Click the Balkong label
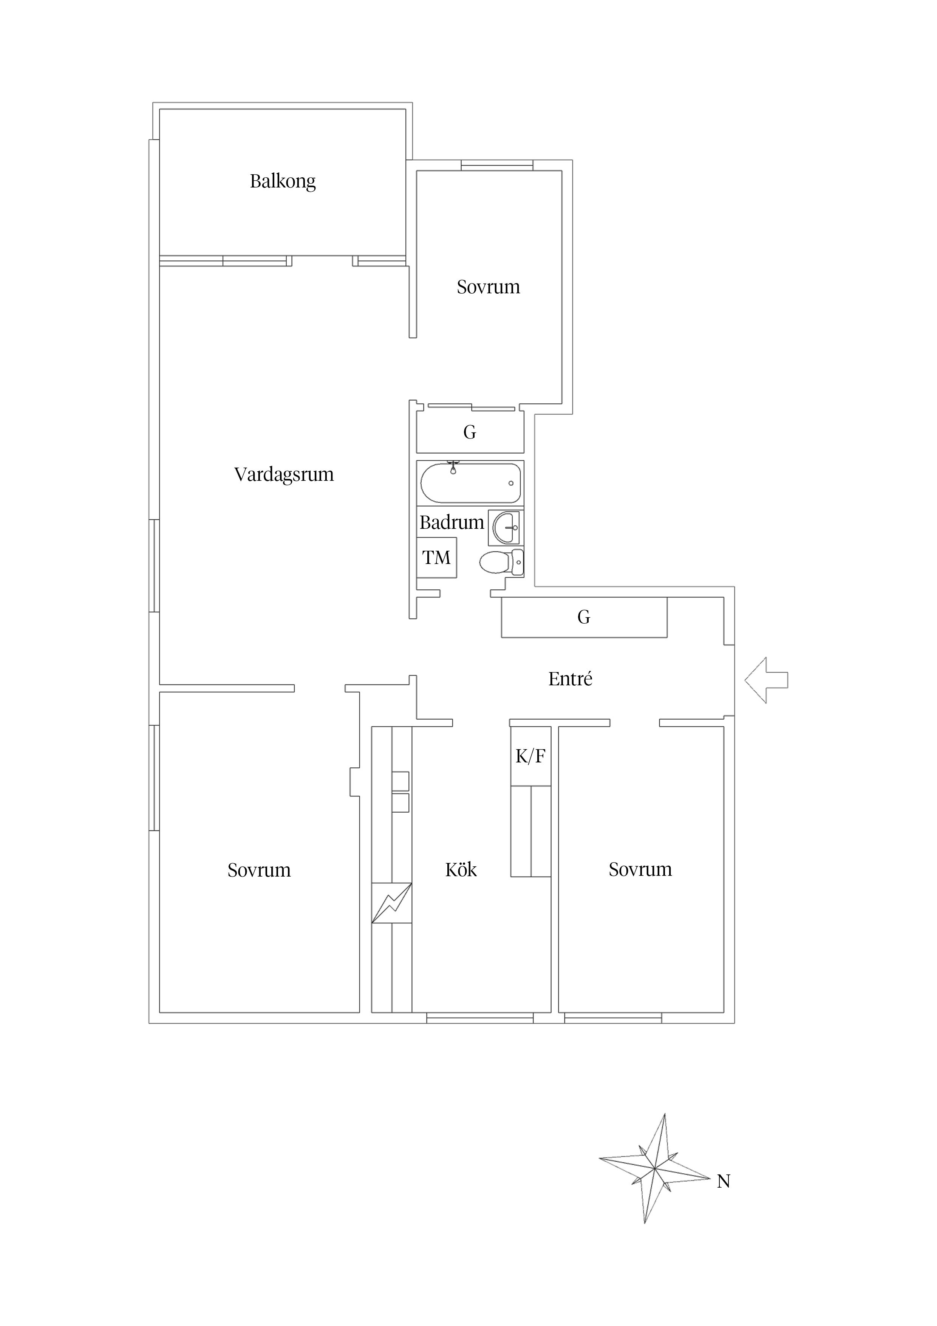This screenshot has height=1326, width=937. [x=283, y=181]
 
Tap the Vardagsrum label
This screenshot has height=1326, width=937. [x=284, y=474]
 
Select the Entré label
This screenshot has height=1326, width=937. [x=571, y=678]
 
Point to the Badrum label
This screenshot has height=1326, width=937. [x=451, y=522]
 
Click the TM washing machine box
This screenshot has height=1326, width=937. [x=436, y=557]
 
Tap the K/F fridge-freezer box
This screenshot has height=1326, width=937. [x=530, y=756]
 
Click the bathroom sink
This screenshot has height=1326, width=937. [x=506, y=527]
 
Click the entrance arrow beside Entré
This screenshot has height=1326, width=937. [x=766, y=680]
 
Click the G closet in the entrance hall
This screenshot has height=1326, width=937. [x=584, y=617]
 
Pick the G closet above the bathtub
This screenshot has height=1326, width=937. [x=470, y=432]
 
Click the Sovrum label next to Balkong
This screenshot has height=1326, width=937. [x=489, y=287]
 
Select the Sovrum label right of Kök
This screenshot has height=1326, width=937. [x=640, y=869]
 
